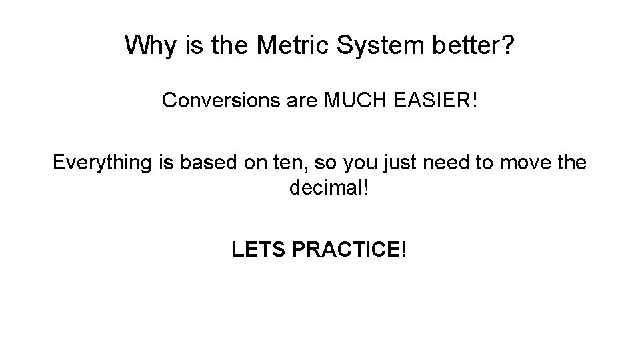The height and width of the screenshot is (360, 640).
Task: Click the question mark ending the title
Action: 508,45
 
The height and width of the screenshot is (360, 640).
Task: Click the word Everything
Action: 103,163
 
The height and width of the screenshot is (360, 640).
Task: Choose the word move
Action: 519,163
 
